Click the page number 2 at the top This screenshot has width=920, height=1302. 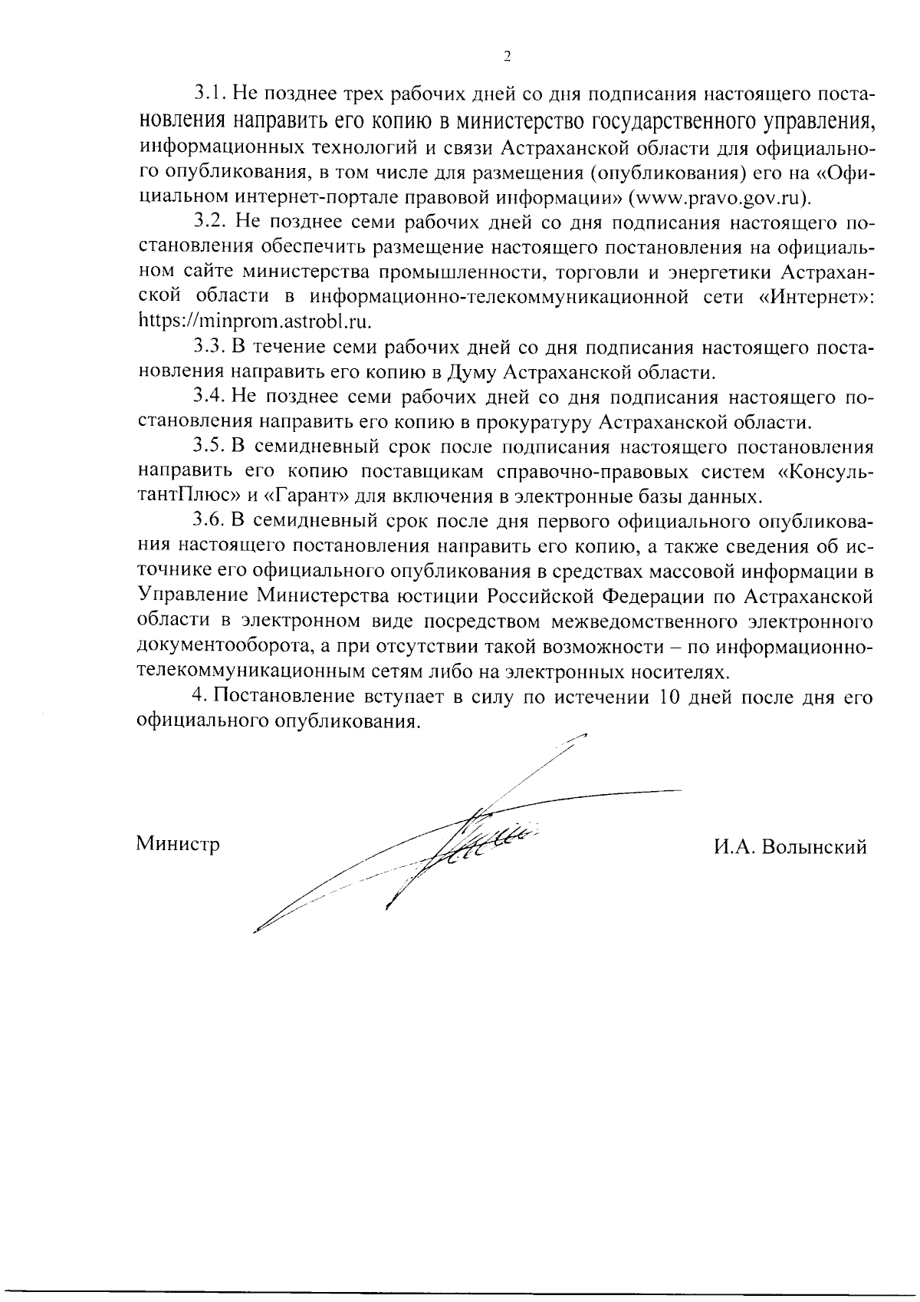507,56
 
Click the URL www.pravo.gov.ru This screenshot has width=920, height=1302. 717,197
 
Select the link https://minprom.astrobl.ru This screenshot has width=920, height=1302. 255,321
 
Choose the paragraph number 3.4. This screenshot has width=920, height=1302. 207,397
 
